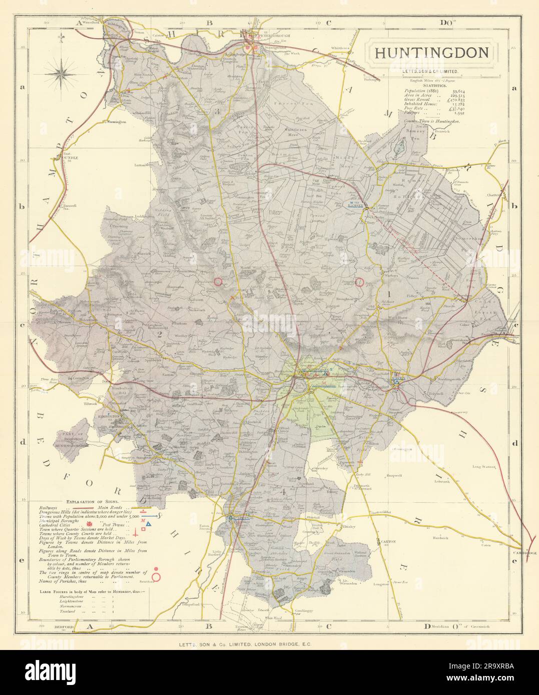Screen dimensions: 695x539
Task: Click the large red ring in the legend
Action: pyautogui.click(x=156, y=577)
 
